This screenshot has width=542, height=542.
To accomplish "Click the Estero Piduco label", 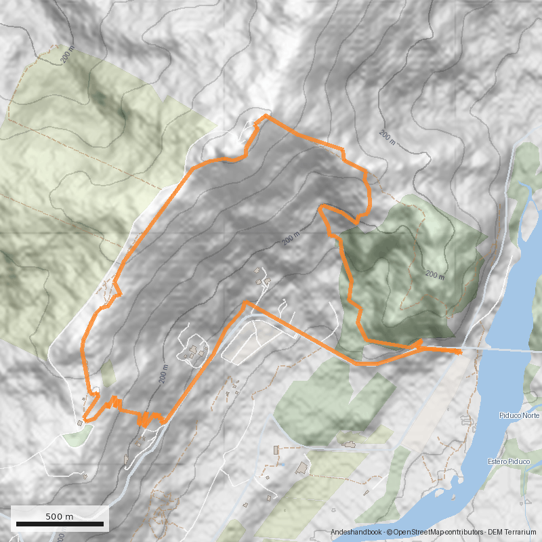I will coord(508,462).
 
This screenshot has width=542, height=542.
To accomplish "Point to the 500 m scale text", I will coord(60,516).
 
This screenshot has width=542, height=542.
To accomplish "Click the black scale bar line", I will coord(60,524).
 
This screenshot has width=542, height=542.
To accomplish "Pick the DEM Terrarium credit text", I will coord(512,533).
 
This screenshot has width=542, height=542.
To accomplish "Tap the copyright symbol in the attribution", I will coord(390,533).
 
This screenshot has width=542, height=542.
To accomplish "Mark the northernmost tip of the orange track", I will coord(266,116).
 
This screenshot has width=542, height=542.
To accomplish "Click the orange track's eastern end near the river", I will coord(461,352).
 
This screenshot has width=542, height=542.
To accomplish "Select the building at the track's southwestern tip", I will coord(80,423).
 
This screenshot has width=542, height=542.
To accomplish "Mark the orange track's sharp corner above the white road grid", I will coord(246,302).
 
